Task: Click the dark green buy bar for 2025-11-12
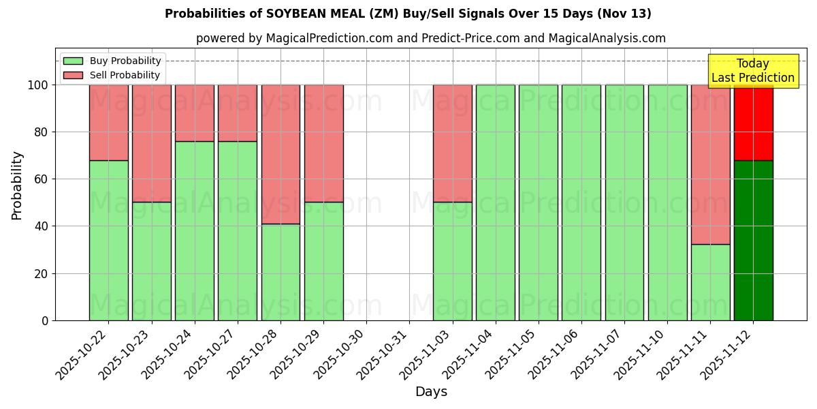point(753,240)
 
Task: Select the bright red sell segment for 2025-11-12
point(753,123)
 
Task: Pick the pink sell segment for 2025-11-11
point(710,164)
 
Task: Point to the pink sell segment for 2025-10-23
point(151,143)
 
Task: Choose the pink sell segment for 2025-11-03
point(452,143)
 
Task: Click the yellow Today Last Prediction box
point(753,71)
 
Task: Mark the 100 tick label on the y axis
point(37,85)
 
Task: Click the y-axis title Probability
point(17,185)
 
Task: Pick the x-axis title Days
point(431,392)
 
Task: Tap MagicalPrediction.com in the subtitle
point(327,39)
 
